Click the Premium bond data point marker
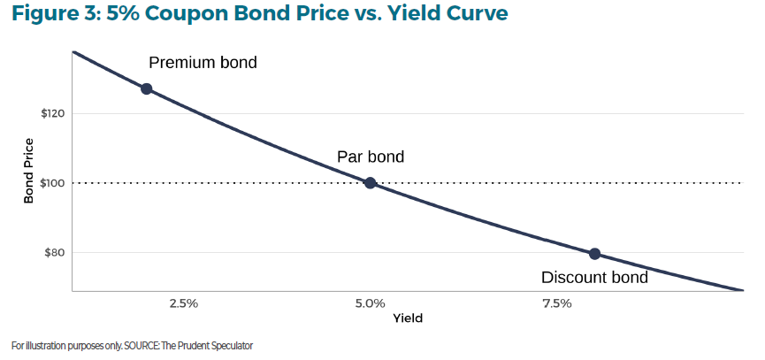147,88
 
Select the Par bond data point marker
371,183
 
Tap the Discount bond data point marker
594,254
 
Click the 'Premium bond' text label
203,63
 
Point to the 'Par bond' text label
371,157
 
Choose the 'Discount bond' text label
594,278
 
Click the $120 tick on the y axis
50,114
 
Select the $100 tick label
50,183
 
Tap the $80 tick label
52,253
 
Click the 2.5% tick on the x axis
183,303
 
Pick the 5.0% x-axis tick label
371,303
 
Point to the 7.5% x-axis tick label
557,303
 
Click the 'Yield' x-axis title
408,318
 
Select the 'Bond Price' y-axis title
28,171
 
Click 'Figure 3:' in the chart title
50,16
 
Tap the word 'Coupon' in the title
183,16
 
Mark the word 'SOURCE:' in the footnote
131,345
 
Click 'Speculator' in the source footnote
230,345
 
